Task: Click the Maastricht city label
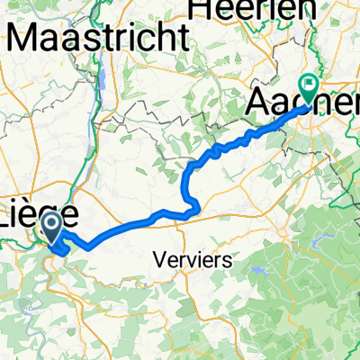coord(99,39)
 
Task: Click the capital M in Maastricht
coord(23,39)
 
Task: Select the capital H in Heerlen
coord(197,9)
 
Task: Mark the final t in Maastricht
coord(186,39)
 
